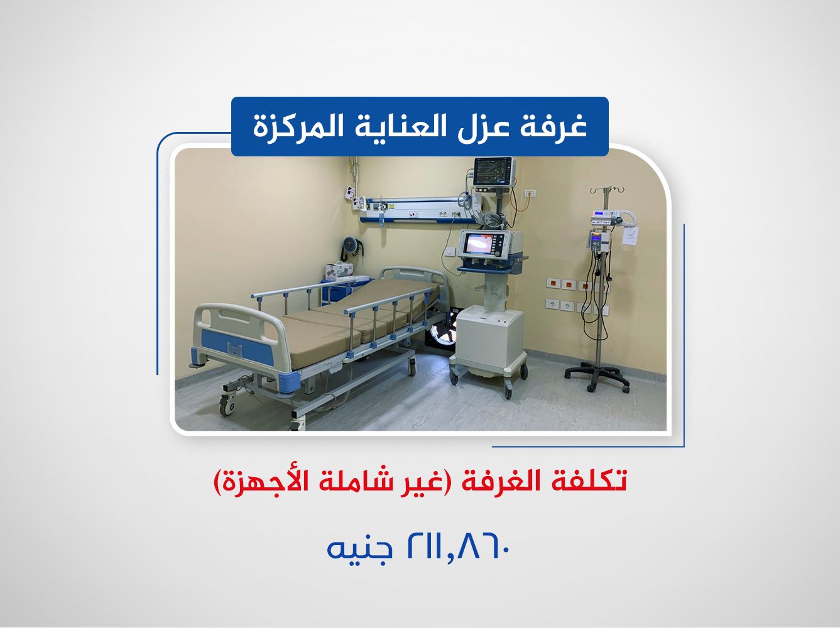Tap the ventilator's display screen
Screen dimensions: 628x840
tap(482, 244)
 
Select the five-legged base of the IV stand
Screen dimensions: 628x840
tap(596, 377)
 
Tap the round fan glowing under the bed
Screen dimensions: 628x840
tap(445, 329)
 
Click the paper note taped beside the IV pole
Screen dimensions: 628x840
tap(630, 236)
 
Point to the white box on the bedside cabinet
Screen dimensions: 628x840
tap(338, 270)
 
